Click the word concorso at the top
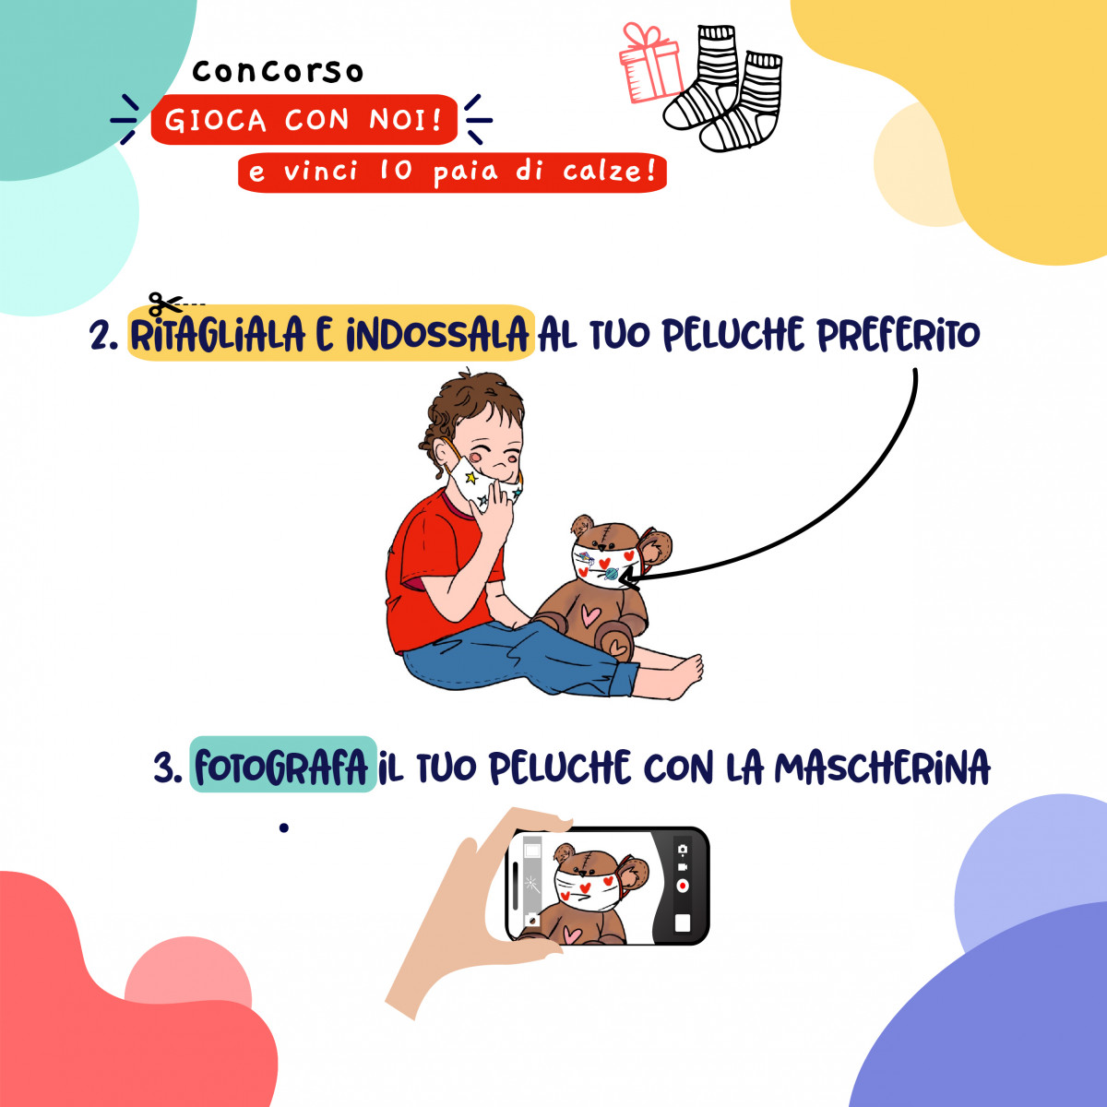tap(278, 72)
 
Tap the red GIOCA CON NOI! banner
tap(304, 120)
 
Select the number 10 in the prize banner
tap(396, 171)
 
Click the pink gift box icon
tap(649, 64)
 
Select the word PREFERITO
tap(899, 334)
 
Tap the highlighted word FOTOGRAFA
tap(281, 768)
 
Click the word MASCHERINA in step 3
tap(882, 768)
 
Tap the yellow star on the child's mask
tap(471, 477)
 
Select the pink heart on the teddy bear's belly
tap(589, 614)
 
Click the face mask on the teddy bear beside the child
tap(603, 565)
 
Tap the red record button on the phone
tap(683, 887)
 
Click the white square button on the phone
tap(683, 923)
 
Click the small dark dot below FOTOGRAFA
tap(284, 827)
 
